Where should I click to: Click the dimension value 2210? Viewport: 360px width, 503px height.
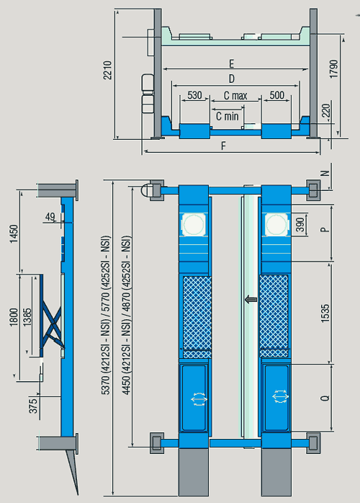click(x=107, y=70)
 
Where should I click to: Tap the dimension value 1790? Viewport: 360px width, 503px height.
click(x=334, y=68)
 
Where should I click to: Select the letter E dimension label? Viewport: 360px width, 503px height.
click(x=231, y=64)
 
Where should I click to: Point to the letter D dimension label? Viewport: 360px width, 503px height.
click(x=231, y=79)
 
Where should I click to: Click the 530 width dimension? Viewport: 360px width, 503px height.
click(x=194, y=95)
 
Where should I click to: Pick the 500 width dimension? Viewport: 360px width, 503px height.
click(x=277, y=95)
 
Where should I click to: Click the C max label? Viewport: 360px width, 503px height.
click(x=235, y=96)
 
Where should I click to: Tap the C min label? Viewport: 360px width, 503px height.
click(x=228, y=116)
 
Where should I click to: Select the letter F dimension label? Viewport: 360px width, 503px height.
click(x=223, y=146)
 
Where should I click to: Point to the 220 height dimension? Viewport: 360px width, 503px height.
click(x=325, y=110)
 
